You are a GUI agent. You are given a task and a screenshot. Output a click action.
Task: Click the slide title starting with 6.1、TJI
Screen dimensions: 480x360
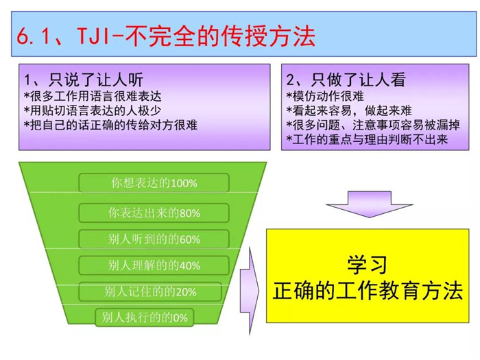click(166, 36)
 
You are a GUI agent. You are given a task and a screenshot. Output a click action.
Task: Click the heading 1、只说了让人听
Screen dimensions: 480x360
click(84, 80)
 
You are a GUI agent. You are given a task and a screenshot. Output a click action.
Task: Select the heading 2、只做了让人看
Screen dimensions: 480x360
click(346, 80)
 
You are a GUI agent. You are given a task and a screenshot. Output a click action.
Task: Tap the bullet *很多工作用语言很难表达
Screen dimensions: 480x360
click(93, 97)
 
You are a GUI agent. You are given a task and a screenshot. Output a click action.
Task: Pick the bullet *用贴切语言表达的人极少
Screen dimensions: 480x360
click(93, 110)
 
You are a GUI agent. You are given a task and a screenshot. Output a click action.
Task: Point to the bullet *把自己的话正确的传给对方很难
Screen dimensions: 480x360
click(111, 125)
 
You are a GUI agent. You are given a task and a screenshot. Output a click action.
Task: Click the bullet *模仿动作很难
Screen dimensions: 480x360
click(325, 97)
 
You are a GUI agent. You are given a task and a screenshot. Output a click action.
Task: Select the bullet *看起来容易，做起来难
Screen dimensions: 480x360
click(349, 110)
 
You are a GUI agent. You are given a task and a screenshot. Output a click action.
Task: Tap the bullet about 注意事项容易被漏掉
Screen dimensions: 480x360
click(373, 125)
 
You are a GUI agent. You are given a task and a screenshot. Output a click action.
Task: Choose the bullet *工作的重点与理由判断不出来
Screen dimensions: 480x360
click(367, 139)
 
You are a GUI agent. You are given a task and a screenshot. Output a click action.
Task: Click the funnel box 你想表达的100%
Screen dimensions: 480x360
click(154, 183)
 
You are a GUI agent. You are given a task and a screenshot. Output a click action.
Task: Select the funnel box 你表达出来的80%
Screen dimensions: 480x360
click(154, 213)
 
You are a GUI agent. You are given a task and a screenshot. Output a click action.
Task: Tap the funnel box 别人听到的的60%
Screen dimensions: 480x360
click(154, 239)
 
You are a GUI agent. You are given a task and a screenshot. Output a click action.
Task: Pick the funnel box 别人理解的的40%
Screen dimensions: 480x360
click(154, 265)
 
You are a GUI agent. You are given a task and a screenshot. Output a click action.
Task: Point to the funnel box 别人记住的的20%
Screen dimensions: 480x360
click(150, 291)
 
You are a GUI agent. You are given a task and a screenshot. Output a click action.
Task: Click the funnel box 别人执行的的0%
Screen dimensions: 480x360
click(145, 317)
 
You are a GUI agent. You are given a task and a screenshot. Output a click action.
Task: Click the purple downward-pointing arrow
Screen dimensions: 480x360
click(370, 204)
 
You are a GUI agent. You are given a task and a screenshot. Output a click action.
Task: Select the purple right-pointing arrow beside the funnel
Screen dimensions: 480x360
click(250, 291)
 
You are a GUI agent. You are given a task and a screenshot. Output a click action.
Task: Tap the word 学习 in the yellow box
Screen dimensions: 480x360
click(368, 265)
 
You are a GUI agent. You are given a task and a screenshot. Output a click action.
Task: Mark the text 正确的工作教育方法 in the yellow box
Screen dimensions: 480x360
click(368, 291)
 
